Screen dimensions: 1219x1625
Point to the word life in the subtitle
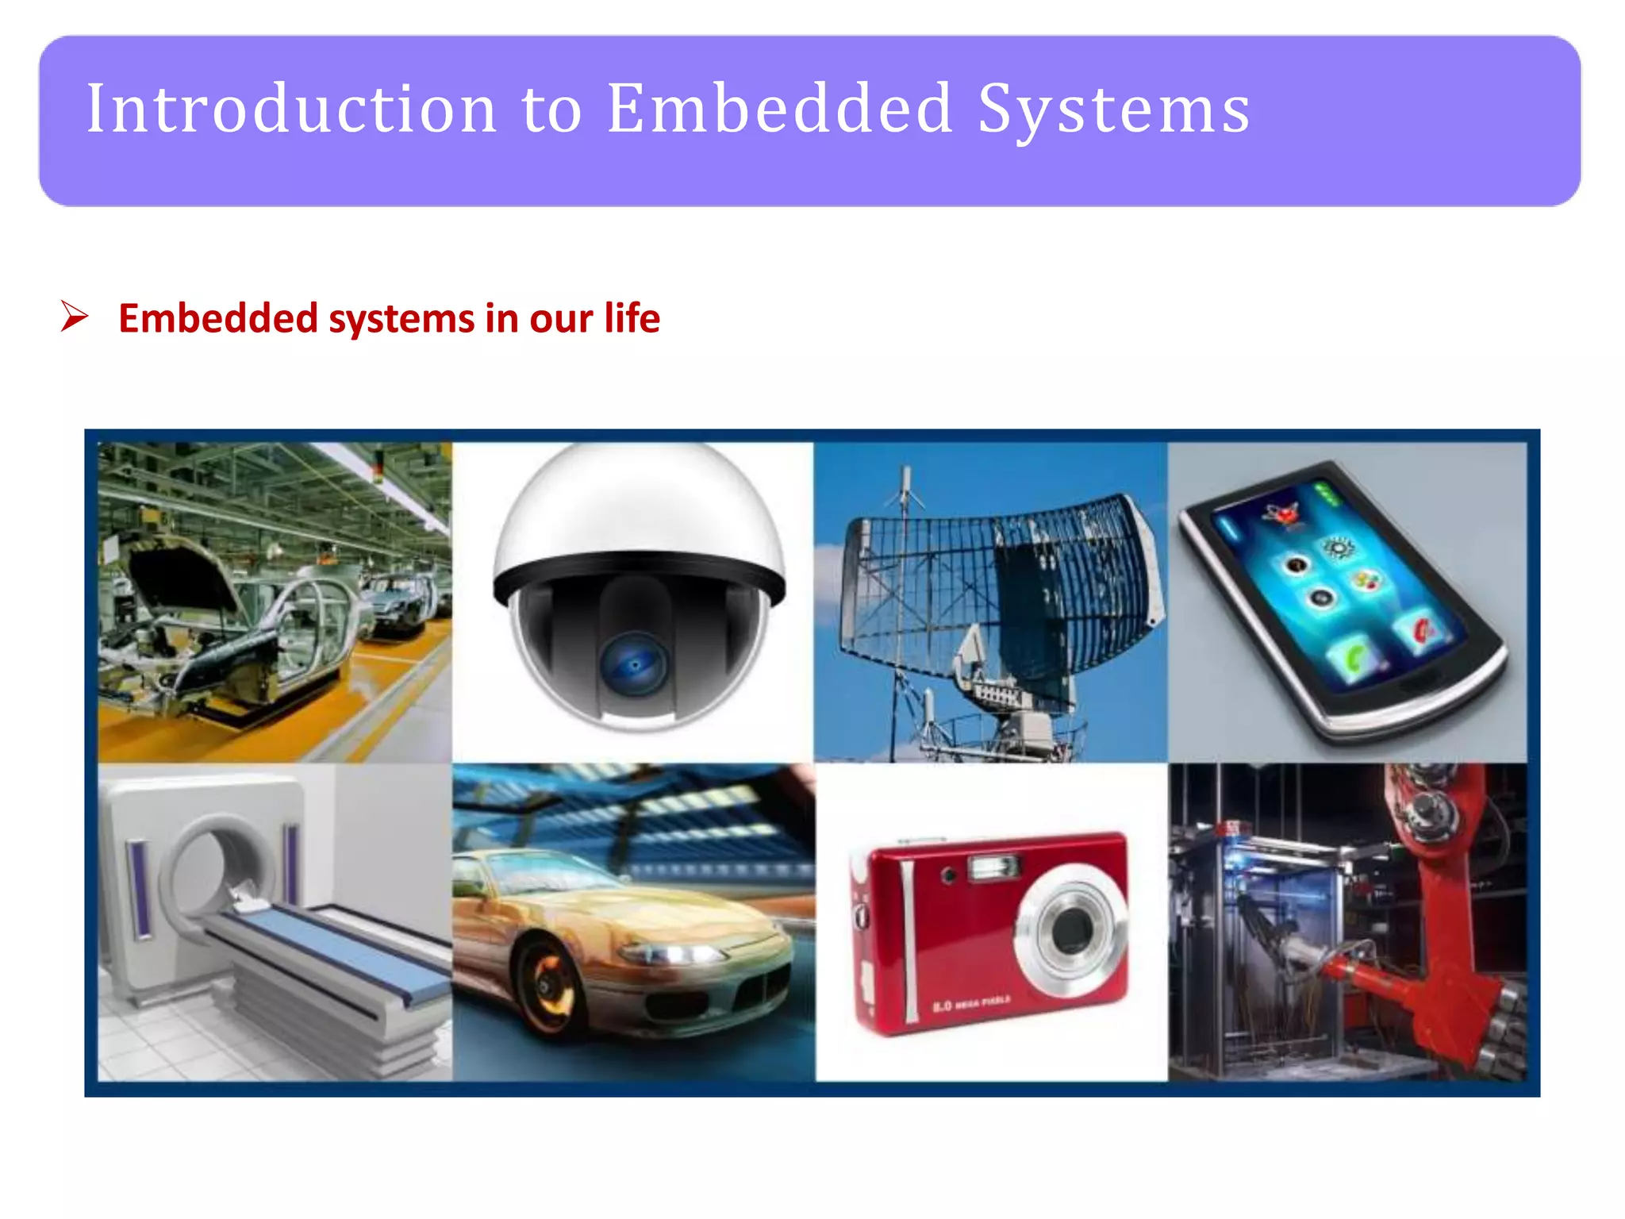pyautogui.click(x=632, y=318)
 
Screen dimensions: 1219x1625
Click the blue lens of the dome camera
pyautogui.click(x=635, y=665)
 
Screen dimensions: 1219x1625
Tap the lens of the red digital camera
pyautogui.click(x=1071, y=929)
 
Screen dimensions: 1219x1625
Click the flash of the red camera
pyautogui.click(x=992, y=867)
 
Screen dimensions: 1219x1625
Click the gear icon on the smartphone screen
pyautogui.click(x=1339, y=548)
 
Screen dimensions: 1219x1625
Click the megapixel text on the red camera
pyautogui.click(x=972, y=1004)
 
